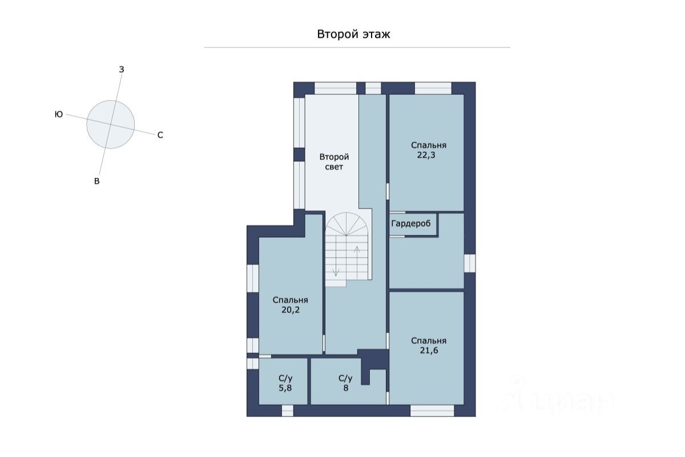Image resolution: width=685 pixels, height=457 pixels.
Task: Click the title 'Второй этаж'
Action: click(x=353, y=34)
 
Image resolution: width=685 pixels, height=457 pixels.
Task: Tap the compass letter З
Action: click(x=122, y=70)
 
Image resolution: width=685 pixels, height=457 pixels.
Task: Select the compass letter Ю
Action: click(x=59, y=114)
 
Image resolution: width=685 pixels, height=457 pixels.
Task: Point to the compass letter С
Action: click(x=160, y=135)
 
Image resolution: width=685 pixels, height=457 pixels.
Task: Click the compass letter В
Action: click(x=97, y=181)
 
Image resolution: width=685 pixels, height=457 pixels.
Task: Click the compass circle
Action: click(x=110, y=125)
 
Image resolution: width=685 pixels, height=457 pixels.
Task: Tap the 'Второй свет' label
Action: click(x=334, y=162)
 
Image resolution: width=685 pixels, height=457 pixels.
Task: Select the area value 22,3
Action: click(x=426, y=155)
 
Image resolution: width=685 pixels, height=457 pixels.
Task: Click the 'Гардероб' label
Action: click(x=411, y=224)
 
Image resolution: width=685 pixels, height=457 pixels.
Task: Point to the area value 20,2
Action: click(x=291, y=310)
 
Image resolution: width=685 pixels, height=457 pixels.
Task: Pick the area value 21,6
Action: click(x=429, y=351)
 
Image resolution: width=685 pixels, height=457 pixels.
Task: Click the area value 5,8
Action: click(x=285, y=388)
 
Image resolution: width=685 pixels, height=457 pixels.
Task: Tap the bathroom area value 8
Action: click(x=345, y=388)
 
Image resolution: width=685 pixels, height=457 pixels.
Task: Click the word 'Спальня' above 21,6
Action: click(x=429, y=341)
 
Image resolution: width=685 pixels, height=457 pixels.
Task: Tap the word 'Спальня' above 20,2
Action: click(x=291, y=300)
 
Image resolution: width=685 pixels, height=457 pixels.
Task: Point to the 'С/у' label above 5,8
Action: click(x=285, y=378)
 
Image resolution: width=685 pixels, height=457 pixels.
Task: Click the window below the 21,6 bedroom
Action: click(x=432, y=411)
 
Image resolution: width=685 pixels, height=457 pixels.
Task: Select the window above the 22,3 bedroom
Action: click(x=433, y=88)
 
